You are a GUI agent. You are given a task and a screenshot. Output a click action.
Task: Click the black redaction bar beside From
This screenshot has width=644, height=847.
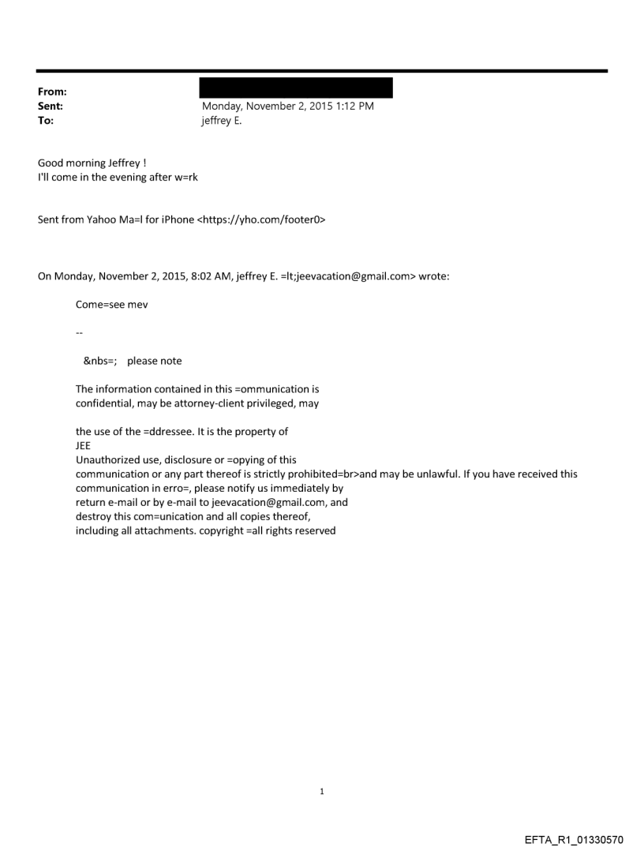click(296, 88)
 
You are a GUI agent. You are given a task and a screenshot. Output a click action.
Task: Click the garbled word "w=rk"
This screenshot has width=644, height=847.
click(185, 177)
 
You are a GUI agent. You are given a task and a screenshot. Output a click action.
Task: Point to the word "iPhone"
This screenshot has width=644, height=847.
click(177, 219)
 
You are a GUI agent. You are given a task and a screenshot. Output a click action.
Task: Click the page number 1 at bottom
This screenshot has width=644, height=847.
click(322, 791)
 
